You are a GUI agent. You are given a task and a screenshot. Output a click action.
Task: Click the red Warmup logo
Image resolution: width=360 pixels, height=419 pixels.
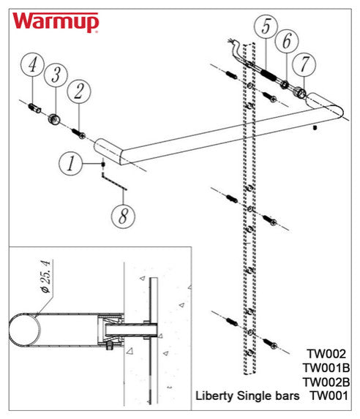56,23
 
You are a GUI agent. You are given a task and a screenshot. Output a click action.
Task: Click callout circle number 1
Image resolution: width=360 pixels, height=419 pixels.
70,163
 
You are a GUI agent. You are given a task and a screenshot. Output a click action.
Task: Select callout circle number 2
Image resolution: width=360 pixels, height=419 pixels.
79,91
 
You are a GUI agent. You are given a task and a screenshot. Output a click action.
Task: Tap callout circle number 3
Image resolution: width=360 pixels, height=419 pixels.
56,75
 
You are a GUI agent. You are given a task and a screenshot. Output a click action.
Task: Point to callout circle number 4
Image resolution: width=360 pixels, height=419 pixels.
33,64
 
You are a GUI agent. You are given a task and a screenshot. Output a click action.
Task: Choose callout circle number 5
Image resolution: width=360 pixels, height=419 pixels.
266,26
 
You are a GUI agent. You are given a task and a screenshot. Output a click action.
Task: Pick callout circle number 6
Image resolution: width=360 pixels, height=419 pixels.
286,41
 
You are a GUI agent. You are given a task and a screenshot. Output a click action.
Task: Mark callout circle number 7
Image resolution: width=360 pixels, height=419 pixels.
304,64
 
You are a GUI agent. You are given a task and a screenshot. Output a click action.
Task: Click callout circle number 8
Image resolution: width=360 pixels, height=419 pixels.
123,216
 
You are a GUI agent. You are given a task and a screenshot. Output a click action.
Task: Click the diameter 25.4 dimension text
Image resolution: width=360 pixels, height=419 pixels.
46,276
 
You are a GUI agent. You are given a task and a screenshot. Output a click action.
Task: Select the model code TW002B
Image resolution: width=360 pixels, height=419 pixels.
326,382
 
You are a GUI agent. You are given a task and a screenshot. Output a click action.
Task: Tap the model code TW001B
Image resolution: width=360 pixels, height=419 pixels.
326,368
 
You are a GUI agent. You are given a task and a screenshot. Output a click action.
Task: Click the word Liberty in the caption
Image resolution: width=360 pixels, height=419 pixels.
214,396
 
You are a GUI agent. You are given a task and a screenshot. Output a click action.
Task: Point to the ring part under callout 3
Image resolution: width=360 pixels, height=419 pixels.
53,119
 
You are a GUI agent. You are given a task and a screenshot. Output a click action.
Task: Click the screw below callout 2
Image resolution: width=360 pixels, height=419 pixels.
78,133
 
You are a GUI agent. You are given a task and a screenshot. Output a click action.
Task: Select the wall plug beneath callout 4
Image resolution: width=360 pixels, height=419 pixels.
34,108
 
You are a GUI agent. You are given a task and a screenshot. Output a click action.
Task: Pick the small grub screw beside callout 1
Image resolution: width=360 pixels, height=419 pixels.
102,164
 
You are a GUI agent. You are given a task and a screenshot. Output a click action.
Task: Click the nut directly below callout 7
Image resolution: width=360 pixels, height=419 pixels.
300,92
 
